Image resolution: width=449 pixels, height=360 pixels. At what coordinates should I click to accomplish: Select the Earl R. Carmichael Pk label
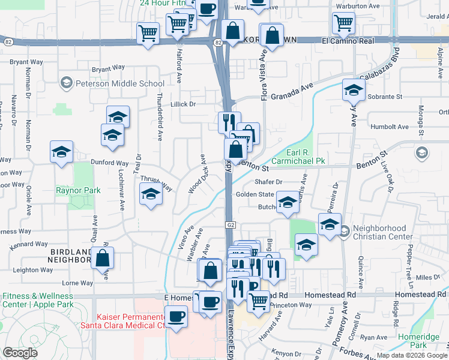298,157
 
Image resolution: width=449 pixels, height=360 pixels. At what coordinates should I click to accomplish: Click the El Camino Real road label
348,41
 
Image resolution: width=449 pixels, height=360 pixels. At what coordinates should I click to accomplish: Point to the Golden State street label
255,194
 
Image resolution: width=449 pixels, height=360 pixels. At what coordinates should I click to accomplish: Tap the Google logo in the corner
20,353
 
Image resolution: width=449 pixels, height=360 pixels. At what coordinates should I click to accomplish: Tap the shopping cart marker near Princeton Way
259,302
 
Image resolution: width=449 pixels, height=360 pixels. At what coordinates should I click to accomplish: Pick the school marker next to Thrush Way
151,194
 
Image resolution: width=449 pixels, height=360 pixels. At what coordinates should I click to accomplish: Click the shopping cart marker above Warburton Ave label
343,22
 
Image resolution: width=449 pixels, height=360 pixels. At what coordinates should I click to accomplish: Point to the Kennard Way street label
29,244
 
